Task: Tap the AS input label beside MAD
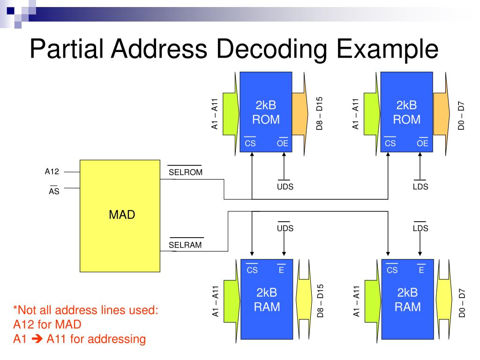[x=54, y=191]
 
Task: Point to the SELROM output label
[x=185, y=172]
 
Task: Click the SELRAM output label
[x=185, y=244]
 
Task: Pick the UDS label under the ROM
[x=285, y=187]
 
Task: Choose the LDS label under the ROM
[x=420, y=187]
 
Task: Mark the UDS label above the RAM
[x=285, y=228]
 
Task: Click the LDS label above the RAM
[x=420, y=228]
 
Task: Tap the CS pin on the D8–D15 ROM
[x=250, y=143]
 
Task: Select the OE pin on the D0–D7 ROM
[x=422, y=143]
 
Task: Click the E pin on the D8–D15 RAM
[x=281, y=270]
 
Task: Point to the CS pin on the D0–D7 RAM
[x=392, y=270]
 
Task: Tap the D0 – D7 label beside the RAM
[x=462, y=304]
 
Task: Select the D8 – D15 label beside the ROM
[x=320, y=114]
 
